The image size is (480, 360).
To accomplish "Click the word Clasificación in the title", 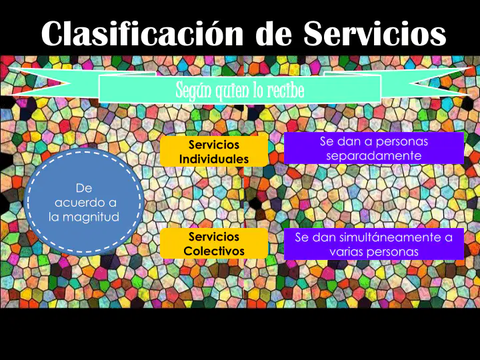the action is pos(143,33).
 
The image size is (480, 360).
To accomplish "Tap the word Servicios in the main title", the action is pos(375,33).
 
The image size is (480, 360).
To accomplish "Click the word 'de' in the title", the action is pos(273,34).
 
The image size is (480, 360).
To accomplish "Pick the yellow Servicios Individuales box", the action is pos(214,151).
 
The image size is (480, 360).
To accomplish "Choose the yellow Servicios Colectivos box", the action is pos(214,243).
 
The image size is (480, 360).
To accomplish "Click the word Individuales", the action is pos(214,159).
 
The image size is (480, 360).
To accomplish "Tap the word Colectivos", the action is pos(214,251).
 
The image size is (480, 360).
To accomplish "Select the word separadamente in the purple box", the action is pos(374,156).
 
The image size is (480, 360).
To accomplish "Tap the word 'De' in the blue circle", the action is pos(84,188).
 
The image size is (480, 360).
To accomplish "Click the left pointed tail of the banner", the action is pos(10,67).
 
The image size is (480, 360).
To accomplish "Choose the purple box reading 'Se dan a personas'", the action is pos(374,148).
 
